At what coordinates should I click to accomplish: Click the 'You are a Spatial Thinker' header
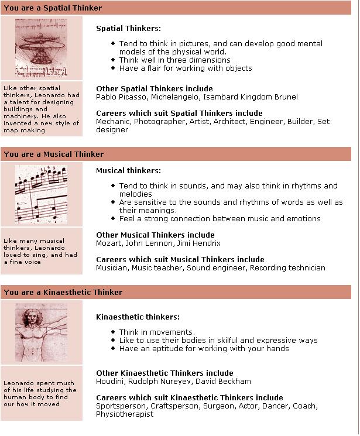pos(53,8)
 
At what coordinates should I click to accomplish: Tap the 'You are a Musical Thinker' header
pos(53,155)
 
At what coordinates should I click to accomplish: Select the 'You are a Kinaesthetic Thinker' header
pos(63,292)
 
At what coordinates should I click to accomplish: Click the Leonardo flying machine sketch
pos(41,47)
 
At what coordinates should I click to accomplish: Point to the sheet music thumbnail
pos(41,194)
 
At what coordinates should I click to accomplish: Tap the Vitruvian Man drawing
pos(41,332)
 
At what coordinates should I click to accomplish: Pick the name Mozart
pos(109,243)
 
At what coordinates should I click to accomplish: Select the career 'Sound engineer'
pos(216,268)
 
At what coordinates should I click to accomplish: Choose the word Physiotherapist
pos(125,414)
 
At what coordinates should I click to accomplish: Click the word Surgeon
pos(220,406)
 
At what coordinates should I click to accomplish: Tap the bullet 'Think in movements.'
pos(157,332)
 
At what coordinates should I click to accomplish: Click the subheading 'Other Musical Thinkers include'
pos(155,235)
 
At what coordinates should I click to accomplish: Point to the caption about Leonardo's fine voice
pos(40,251)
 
